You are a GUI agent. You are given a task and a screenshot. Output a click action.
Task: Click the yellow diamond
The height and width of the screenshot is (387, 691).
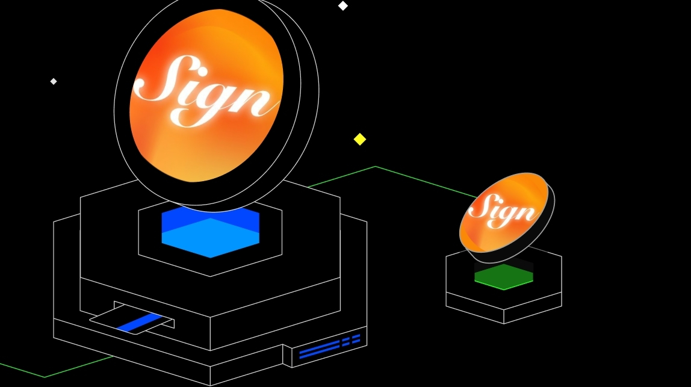point(360,139)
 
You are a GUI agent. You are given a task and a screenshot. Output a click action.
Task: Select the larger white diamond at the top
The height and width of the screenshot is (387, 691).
point(342,6)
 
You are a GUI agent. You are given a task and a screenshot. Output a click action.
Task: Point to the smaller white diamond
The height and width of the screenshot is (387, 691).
point(54,81)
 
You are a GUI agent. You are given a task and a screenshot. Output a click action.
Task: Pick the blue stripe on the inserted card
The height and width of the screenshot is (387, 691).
point(140,323)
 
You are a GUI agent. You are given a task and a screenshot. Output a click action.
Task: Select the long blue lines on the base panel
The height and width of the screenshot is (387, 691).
point(319,350)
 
